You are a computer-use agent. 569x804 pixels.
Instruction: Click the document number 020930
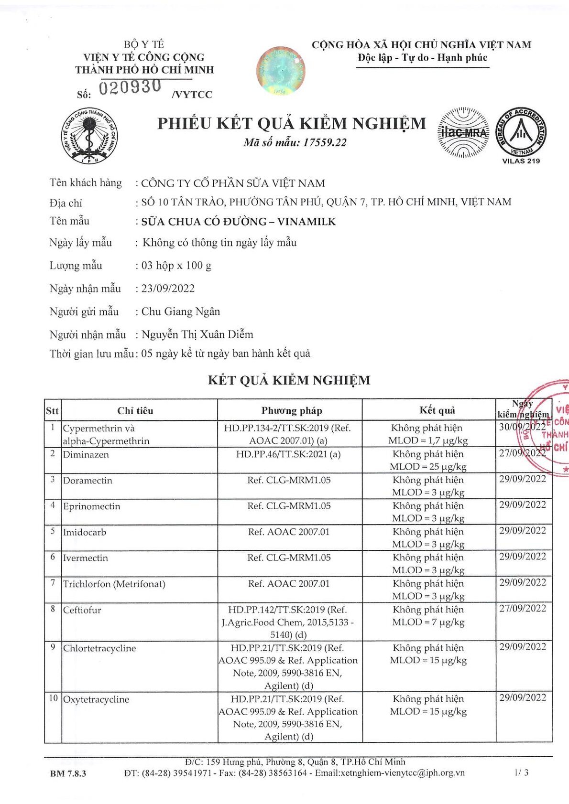(130, 87)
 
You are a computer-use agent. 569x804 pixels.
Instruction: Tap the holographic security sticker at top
(281, 70)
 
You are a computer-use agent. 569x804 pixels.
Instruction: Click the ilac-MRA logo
(463, 132)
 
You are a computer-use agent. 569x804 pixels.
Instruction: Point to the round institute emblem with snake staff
(89, 136)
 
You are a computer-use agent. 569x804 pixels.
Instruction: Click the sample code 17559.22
(325, 142)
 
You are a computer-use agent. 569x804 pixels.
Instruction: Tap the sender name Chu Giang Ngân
(181, 311)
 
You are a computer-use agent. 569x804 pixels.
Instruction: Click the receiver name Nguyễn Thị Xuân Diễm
(197, 334)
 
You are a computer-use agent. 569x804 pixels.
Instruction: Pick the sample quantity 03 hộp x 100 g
(176, 266)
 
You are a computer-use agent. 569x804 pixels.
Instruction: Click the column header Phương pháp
(292, 411)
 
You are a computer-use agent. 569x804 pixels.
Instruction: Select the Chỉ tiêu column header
(135, 411)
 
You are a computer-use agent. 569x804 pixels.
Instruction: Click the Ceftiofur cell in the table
(82, 610)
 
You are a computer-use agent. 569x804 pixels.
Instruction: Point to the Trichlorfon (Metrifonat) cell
(114, 584)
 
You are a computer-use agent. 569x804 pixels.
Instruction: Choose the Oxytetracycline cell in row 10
(96, 699)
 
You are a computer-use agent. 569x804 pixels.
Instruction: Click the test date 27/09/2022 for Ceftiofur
(522, 608)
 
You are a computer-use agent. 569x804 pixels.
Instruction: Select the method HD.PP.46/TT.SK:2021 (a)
(288, 454)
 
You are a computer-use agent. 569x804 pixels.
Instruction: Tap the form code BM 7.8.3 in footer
(68, 773)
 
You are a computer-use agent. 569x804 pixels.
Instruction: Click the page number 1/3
(522, 772)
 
